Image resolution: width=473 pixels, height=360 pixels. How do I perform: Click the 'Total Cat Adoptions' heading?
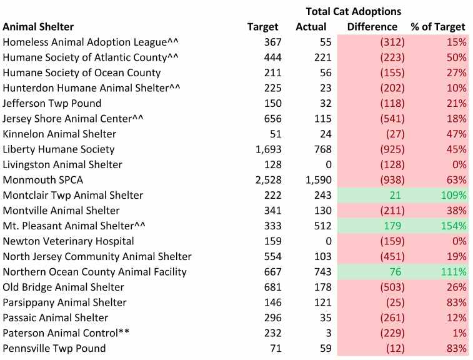click(x=354, y=11)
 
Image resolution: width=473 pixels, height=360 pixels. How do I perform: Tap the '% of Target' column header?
click(x=438, y=27)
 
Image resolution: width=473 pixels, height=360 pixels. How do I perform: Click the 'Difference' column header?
click(x=372, y=27)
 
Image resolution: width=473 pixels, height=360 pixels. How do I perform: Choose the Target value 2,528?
click(x=267, y=180)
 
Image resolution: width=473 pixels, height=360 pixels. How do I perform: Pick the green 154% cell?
click(x=453, y=226)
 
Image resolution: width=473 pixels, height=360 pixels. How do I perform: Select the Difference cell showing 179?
click(x=394, y=226)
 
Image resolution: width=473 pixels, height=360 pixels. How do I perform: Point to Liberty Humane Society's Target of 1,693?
click(x=267, y=149)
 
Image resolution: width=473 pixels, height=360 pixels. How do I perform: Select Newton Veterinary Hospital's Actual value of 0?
click(x=322, y=241)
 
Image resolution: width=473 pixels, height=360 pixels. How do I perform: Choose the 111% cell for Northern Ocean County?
click(x=453, y=272)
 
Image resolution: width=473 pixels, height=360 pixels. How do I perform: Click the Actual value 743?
click(x=315, y=272)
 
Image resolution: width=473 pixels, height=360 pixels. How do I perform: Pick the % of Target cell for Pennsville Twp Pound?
click(x=455, y=348)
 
